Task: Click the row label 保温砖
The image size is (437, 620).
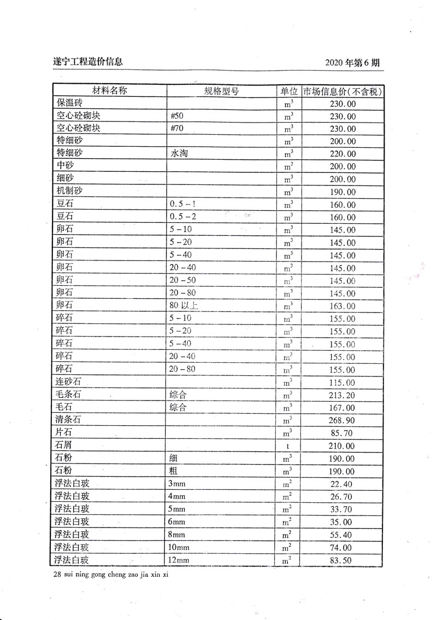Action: tap(69, 103)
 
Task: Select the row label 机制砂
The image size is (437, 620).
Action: tap(69, 192)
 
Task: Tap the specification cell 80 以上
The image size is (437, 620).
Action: tap(184, 306)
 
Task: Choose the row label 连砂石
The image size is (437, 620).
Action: tap(69, 382)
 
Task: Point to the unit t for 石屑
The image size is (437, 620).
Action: tap(287, 446)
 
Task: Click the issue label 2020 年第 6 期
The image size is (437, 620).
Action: tap(352, 62)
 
